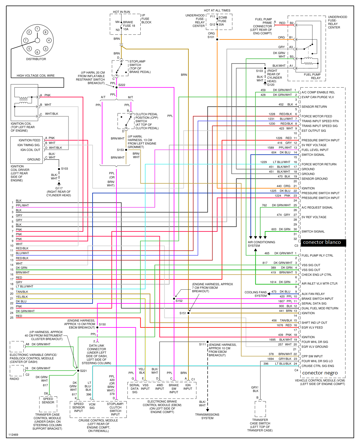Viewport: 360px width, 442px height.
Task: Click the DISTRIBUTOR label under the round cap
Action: [36, 59]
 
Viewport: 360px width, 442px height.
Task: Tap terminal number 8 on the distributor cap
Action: [46, 32]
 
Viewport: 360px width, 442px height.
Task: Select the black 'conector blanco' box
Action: [323, 243]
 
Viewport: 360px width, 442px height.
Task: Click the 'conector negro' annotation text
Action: [320, 373]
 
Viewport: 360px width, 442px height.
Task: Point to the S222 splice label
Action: [122, 85]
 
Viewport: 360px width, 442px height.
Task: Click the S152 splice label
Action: [179, 301]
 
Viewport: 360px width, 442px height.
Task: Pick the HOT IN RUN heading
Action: [121, 12]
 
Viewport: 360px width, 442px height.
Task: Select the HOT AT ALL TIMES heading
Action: [217, 10]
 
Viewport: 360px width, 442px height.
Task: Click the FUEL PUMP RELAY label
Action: [312, 76]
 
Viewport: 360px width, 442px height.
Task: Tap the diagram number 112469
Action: [13, 435]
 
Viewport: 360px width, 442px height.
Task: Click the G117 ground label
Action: [59, 188]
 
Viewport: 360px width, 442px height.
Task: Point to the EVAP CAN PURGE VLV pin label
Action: [318, 97]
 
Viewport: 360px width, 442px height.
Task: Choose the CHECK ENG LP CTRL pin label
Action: [317, 275]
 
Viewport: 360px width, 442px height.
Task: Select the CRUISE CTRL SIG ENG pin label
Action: [318, 366]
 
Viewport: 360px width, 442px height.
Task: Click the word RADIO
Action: [14, 379]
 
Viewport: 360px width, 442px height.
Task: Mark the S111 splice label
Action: [202, 344]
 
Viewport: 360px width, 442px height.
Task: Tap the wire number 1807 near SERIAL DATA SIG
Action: [281, 301]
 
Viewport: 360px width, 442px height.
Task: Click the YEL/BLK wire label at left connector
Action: [22, 297]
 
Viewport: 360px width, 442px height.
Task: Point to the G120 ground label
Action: [271, 85]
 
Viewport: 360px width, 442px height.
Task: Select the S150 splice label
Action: [102, 325]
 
